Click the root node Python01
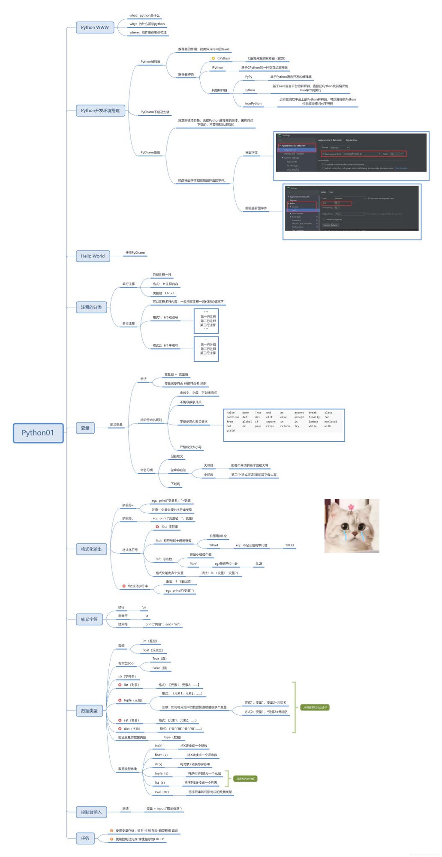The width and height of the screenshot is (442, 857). pyautogui.click(x=38, y=433)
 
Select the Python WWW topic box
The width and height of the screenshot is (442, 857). pyautogui.click(x=95, y=27)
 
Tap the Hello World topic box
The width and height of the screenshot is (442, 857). pyautogui.click(x=93, y=256)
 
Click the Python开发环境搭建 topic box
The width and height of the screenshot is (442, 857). pyautogui.click(x=100, y=111)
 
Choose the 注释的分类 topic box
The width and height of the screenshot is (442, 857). pyautogui.click(x=91, y=307)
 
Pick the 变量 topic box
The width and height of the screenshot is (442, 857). pyautogui.click(x=85, y=428)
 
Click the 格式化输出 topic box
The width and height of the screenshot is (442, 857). pyautogui.click(x=91, y=549)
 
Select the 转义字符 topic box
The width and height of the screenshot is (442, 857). pyautogui.click(x=89, y=619)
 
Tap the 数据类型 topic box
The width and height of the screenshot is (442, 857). pyautogui.click(x=89, y=711)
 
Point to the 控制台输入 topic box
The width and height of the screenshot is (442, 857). pyautogui.click(x=91, y=812)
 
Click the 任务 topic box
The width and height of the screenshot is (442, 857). pyautogui.click(x=85, y=838)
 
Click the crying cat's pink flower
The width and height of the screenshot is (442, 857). pyautogui.click(x=351, y=507)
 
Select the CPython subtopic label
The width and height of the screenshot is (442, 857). pyautogui.click(x=223, y=58)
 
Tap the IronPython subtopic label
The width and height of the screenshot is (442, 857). pyautogui.click(x=253, y=104)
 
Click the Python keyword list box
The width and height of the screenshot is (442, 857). pyautogui.click(x=284, y=426)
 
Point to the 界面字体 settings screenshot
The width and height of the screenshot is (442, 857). pyautogui.click(x=351, y=156)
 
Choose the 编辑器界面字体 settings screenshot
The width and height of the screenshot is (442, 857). pyautogui.click(x=352, y=212)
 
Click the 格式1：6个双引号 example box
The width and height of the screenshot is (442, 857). pyautogui.click(x=206, y=321)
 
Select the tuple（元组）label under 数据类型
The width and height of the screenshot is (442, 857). pyautogui.click(x=132, y=700)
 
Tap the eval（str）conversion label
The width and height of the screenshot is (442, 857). pyautogui.click(x=162, y=792)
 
